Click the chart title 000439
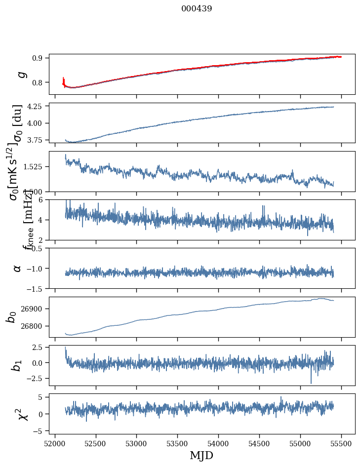click(x=197, y=9)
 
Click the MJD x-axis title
click(x=201, y=456)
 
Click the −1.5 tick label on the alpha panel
click(x=36, y=288)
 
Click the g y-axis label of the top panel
click(x=21, y=75)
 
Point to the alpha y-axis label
click(x=17, y=268)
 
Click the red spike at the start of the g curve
click(x=64, y=80)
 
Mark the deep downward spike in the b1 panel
click(x=311, y=382)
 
